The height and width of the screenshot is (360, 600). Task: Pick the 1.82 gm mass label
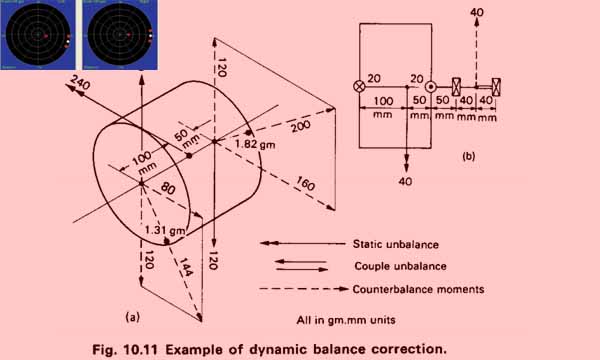(253, 145)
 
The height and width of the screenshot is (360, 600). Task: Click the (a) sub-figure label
(129, 316)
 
